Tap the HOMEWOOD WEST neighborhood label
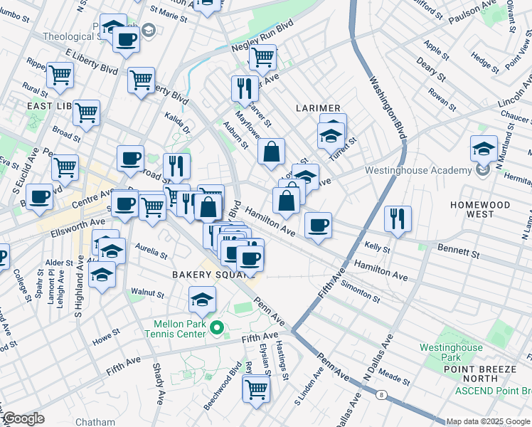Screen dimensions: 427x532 pos(480,209)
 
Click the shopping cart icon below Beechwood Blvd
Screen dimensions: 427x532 pos(255,389)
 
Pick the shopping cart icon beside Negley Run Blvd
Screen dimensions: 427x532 pos(262,56)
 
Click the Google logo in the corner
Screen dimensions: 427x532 pos(23,418)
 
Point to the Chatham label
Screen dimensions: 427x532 pos(95,422)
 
